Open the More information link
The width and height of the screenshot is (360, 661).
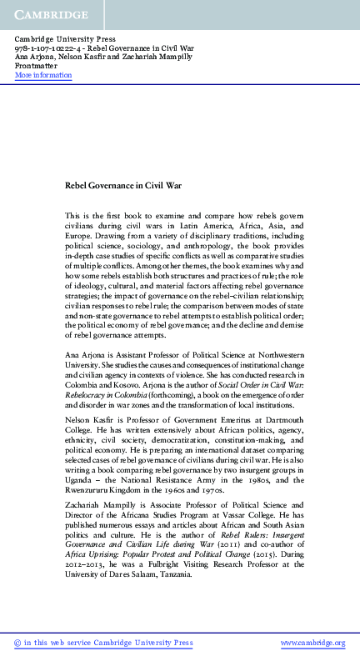(43, 75)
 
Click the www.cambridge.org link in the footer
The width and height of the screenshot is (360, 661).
(312, 643)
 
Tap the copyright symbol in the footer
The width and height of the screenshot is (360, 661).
(18, 643)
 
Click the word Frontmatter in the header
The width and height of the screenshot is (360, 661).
(35, 67)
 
